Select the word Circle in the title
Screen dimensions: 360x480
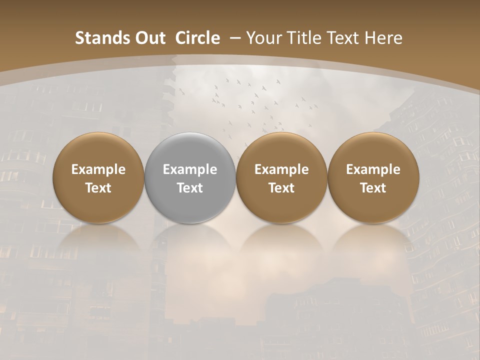point(197,38)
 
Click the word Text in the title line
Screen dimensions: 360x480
point(344,38)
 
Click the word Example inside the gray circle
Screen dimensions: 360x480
point(190,169)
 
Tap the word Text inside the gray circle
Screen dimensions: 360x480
point(190,188)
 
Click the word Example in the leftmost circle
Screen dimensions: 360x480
point(98,169)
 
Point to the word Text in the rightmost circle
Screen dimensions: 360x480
point(373,188)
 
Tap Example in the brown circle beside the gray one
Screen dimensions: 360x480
point(281,169)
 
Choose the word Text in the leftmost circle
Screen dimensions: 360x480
point(98,188)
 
